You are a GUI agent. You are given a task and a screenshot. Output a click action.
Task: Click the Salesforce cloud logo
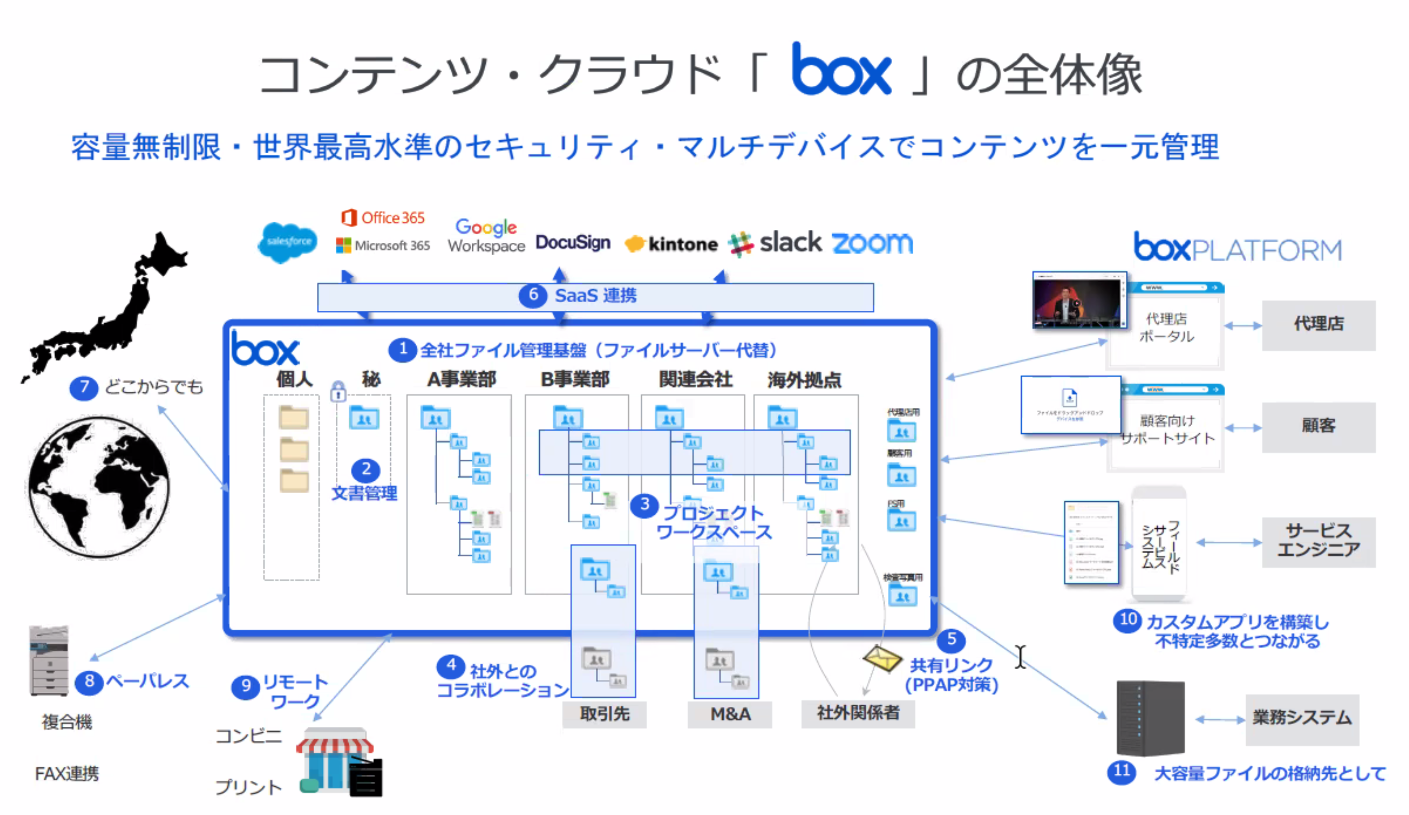[x=287, y=242]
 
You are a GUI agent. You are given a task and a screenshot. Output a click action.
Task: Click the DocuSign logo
[x=572, y=243]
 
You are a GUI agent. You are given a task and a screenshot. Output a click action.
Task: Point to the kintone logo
[x=670, y=244]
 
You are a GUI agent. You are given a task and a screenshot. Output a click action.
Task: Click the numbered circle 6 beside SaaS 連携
[x=533, y=295]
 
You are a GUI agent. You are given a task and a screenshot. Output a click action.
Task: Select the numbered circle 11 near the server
[x=1121, y=772]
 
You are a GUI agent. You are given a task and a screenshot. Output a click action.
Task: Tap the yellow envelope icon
[x=882, y=658]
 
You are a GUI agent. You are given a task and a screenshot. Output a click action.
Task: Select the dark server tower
[x=1150, y=718]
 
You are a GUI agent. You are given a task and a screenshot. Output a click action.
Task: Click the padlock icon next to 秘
[x=338, y=391]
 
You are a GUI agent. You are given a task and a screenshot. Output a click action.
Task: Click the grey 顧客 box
[x=1318, y=427]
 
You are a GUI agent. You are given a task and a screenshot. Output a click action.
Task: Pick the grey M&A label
[x=730, y=714]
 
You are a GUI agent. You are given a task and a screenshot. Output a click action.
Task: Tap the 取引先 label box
[x=604, y=714]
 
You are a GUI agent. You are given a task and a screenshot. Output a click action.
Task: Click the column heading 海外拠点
[x=804, y=380]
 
